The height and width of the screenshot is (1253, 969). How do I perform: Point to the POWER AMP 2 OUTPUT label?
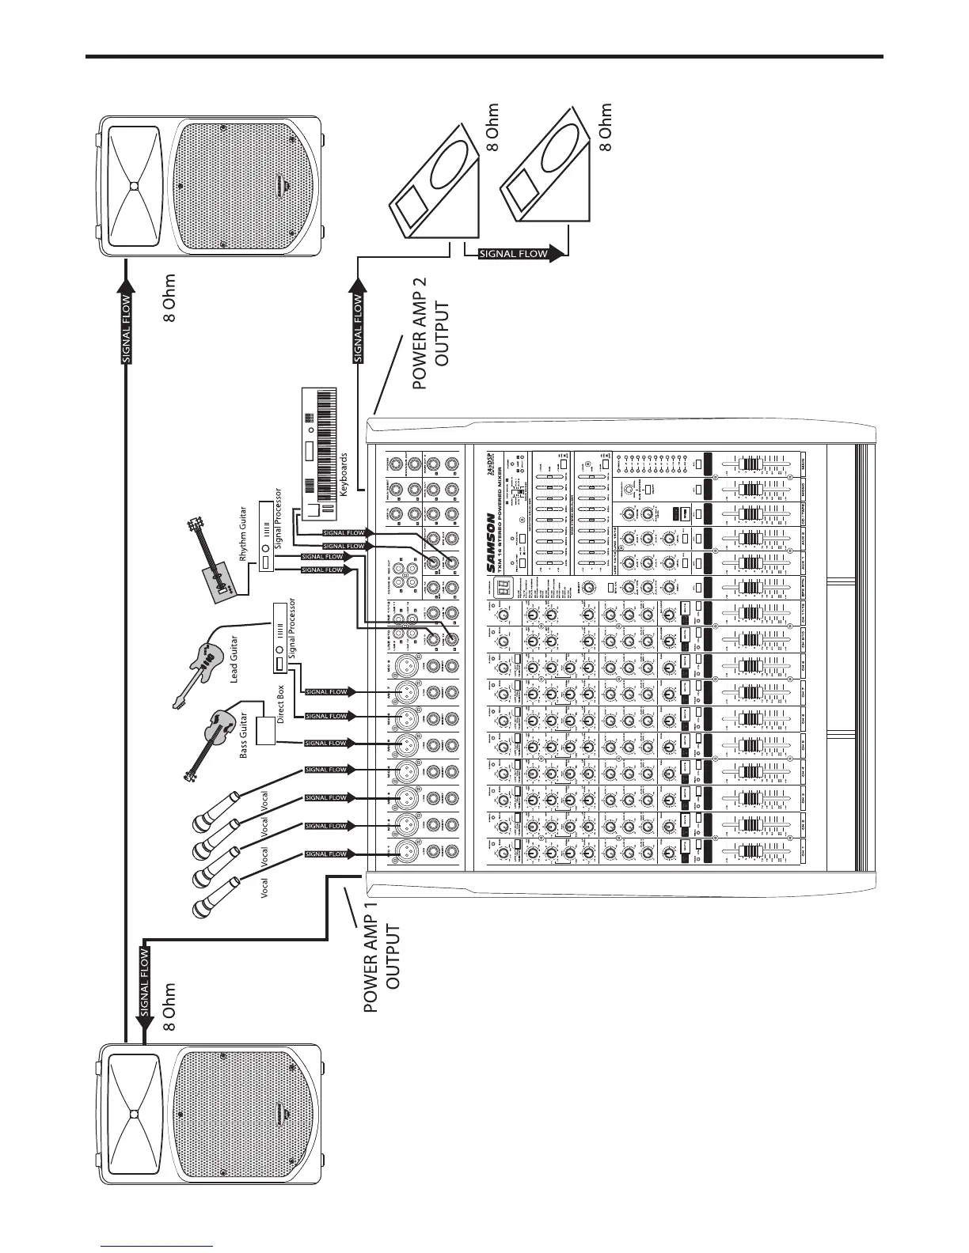coord(432,345)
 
